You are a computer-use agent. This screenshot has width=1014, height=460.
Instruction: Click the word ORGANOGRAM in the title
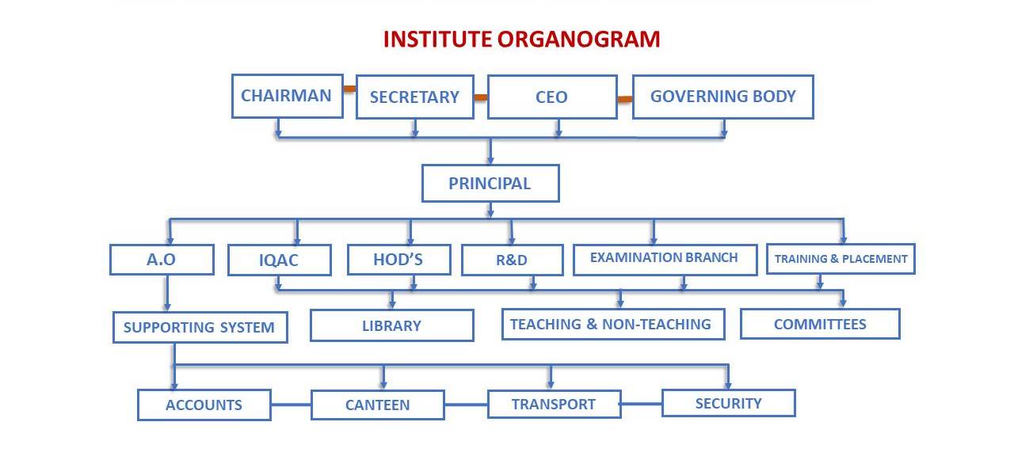pyautogui.click(x=578, y=40)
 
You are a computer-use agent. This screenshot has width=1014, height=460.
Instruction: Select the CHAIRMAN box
pyautogui.click(x=288, y=97)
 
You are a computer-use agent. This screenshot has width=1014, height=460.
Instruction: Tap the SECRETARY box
pyautogui.click(x=415, y=97)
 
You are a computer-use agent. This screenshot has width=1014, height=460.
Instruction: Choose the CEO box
pyautogui.click(x=552, y=97)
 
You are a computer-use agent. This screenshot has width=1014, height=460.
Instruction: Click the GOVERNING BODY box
pyautogui.click(x=723, y=97)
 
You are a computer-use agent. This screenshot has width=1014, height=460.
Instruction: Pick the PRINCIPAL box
pyautogui.click(x=490, y=183)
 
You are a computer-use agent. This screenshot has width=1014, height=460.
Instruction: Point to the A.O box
pyautogui.click(x=162, y=260)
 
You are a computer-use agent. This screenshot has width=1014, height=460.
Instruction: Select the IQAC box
pyautogui.click(x=280, y=260)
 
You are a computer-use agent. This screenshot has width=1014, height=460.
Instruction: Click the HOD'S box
pyautogui.click(x=399, y=260)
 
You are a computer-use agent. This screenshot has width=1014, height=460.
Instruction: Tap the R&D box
pyautogui.click(x=513, y=260)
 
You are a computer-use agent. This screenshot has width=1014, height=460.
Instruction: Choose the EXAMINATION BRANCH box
pyautogui.click(x=665, y=260)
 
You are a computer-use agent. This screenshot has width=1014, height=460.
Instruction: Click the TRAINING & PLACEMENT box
pyautogui.click(x=841, y=259)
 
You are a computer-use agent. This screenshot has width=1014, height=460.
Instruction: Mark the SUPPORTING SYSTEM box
pyautogui.click(x=200, y=327)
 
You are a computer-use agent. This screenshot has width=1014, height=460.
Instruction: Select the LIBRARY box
pyautogui.click(x=392, y=325)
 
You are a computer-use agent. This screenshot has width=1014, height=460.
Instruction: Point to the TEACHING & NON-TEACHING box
pyautogui.click(x=613, y=325)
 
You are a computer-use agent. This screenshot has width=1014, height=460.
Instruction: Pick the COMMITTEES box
pyautogui.click(x=820, y=324)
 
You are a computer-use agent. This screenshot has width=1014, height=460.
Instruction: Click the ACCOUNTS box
pyautogui.click(x=204, y=405)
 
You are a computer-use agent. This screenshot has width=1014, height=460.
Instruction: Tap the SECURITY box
pyautogui.click(x=729, y=403)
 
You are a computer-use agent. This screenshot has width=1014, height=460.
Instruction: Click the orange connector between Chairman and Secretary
pyautogui.click(x=349, y=89)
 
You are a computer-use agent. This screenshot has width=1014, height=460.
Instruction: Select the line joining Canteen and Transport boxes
pyautogui.click(x=467, y=405)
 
